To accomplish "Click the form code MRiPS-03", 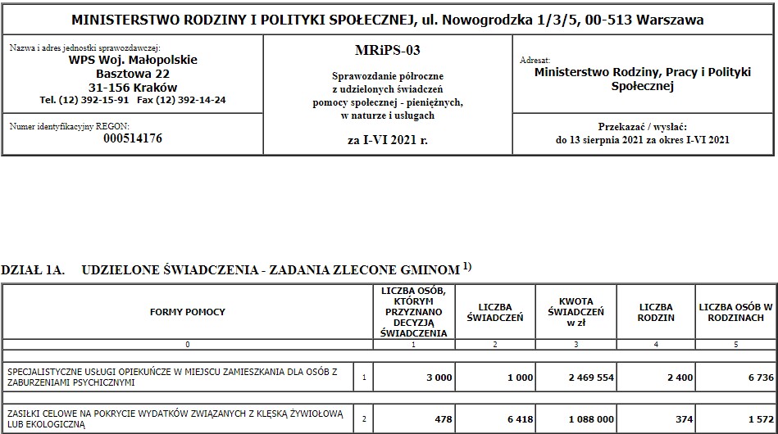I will tap(387, 51).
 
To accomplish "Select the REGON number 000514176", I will tap(133, 138).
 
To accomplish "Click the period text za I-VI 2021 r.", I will tap(387, 140).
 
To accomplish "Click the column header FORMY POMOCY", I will tap(187, 312).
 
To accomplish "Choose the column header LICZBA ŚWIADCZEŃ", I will tap(494, 312).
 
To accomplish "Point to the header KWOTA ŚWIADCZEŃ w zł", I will tap(576, 312).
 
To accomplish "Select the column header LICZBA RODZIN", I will tap(655, 312).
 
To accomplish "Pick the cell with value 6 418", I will tap(517, 419).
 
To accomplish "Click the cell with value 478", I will tap(443, 419).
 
